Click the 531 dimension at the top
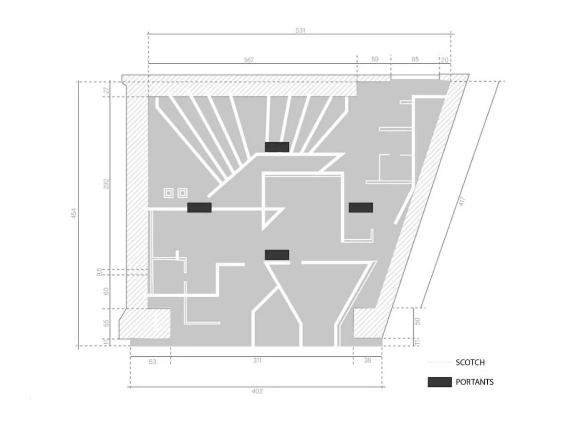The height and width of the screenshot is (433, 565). tap(300, 30)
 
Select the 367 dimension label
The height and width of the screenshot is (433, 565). tap(248, 60)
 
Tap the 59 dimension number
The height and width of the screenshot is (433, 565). tap(375, 59)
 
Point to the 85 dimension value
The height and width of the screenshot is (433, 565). tap(415, 59)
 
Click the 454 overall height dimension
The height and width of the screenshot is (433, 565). tap(73, 213)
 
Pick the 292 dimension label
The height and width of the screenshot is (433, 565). tap(106, 184)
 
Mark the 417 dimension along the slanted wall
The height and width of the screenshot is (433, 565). tap(462, 201)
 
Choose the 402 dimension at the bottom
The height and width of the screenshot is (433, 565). tap(257, 391)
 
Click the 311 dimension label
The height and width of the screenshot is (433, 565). tap(257, 360)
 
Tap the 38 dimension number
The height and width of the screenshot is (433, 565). tap(367, 360)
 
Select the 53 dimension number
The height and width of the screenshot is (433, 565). tap(153, 362)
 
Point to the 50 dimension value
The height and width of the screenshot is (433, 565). tap(417, 321)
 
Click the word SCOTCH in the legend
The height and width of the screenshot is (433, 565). tap(470, 363)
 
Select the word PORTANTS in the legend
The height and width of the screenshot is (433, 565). tap(475, 382)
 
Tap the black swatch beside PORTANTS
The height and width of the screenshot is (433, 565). tap(439, 382)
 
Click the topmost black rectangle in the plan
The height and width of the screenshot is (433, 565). tap(277, 147)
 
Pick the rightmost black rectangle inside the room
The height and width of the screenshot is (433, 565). tap(361, 208)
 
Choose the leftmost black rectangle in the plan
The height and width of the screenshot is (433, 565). tap(199, 208)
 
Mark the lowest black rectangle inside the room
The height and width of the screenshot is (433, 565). tap(277, 255)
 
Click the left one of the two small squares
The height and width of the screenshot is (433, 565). tap(169, 193)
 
